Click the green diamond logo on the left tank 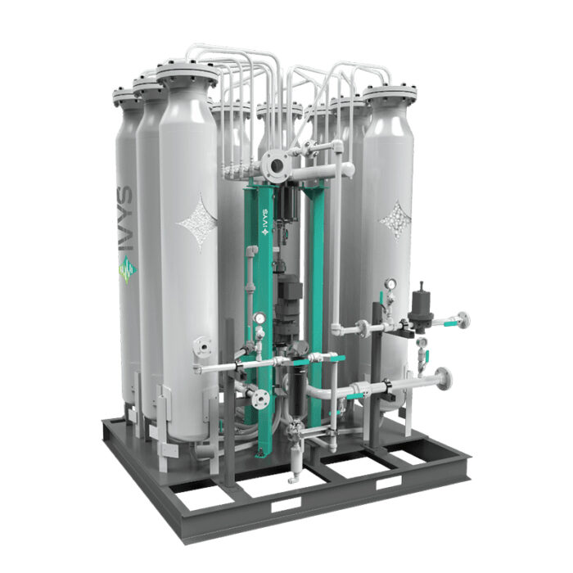[x=128, y=269]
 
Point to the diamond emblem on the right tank [x=395, y=219]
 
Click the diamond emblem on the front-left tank [x=197, y=222]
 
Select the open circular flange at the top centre [x=277, y=165]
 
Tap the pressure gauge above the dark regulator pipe [x=391, y=283]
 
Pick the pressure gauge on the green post [x=259, y=318]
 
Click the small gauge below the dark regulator [x=422, y=342]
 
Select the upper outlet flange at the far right [x=463, y=321]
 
